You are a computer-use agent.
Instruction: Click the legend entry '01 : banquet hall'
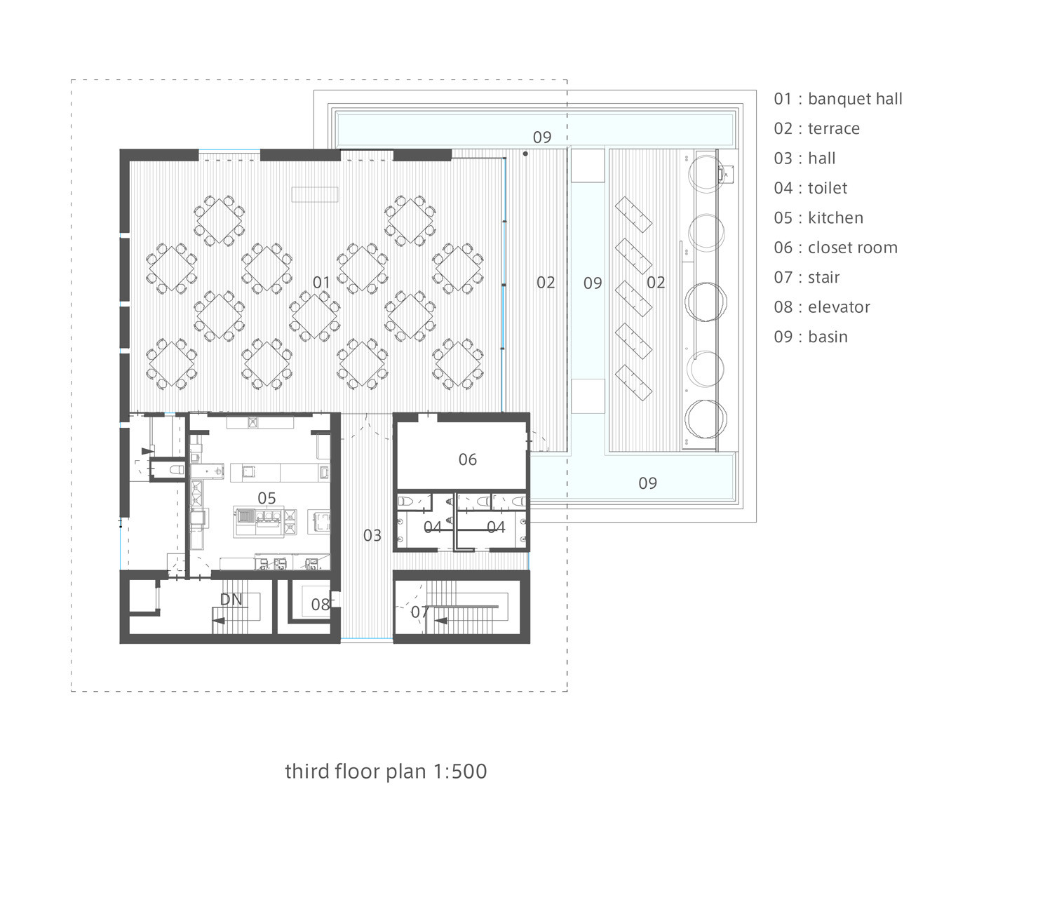click(838, 99)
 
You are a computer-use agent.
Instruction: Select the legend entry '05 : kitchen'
click(818, 218)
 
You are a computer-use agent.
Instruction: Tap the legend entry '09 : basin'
click(811, 337)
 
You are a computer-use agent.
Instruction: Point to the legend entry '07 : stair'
click(807, 278)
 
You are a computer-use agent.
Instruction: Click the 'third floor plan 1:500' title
click(386, 772)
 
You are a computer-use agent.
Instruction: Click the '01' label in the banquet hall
click(321, 283)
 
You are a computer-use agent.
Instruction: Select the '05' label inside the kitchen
click(267, 498)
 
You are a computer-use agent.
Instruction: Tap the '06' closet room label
click(468, 459)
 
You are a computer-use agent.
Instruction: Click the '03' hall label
click(372, 536)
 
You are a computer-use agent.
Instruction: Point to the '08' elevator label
click(321, 605)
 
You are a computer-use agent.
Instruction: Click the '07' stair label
click(419, 612)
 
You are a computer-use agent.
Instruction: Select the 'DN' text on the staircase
click(231, 600)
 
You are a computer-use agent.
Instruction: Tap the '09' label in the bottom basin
click(647, 483)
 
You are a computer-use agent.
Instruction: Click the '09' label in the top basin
click(542, 137)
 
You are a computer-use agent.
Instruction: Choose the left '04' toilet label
click(433, 527)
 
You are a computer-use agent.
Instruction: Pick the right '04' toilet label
click(496, 527)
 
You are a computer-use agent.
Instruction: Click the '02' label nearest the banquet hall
click(546, 283)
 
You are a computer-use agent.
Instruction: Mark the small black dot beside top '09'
click(525, 154)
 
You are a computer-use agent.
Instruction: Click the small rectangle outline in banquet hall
click(315, 194)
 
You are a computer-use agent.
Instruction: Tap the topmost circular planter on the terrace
click(705, 173)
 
